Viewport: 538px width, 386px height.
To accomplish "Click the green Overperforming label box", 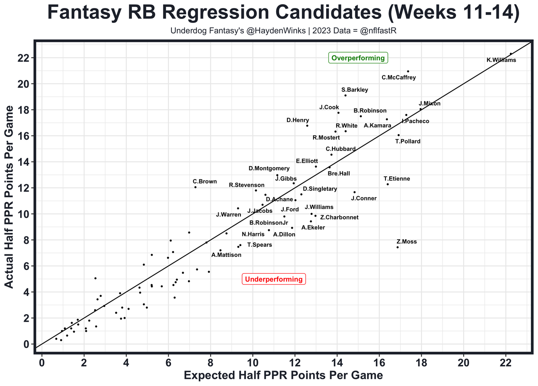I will (x=358, y=58).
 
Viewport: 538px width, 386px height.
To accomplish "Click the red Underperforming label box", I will (x=274, y=279).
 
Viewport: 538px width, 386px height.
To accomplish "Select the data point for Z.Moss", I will (x=398, y=247).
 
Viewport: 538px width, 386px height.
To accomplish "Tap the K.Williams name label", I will (x=501, y=60).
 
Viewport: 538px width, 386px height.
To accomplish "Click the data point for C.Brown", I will (x=195, y=187).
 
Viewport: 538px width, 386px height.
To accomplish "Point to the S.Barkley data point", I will (x=345, y=95).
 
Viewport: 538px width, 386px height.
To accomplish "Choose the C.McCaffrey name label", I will (x=398, y=77).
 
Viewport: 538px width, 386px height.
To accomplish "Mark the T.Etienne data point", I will (x=388, y=184).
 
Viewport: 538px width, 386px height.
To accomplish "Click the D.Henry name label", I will (x=298, y=120).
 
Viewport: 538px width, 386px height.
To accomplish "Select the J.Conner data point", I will (x=355, y=192).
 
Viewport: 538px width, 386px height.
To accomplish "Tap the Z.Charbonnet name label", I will (x=339, y=217).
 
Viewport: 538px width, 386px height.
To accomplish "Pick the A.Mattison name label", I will (x=226, y=255).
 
